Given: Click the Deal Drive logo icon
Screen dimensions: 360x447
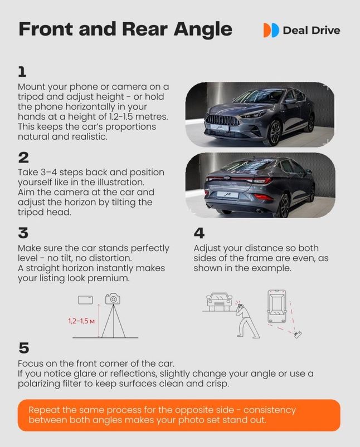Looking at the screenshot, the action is (x=271, y=30).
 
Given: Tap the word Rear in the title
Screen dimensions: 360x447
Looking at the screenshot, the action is (x=145, y=29).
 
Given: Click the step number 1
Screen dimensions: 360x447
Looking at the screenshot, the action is (x=22, y=72).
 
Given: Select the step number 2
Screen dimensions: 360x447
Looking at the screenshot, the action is (x=23, y=158).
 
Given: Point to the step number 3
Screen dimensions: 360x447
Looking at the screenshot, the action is (x=23, y=233).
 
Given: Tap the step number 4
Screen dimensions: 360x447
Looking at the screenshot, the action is (x=199, y=233).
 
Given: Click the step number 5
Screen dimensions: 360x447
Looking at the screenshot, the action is (x=24, y=348).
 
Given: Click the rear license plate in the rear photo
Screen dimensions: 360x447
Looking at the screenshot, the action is (x=228, y=195).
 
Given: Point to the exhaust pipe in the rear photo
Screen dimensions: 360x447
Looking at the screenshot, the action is (x=259, y=212).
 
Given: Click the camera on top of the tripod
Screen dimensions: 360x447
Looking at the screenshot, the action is (x=113, y=298).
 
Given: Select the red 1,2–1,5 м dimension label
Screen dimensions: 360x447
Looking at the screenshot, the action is (x=81, y=321).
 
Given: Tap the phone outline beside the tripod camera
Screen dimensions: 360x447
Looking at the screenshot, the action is (x=85, y=299).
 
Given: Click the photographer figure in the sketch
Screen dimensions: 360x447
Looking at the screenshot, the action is (x=246, y=320).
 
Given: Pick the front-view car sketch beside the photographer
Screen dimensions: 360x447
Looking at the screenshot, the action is (x=219, y=301).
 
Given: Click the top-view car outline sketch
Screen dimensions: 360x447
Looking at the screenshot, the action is (x=276, y=307).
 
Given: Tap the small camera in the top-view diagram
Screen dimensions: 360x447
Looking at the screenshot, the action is (x=298, y=335).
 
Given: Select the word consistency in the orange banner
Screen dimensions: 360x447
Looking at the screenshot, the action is (x=270, y=410).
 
